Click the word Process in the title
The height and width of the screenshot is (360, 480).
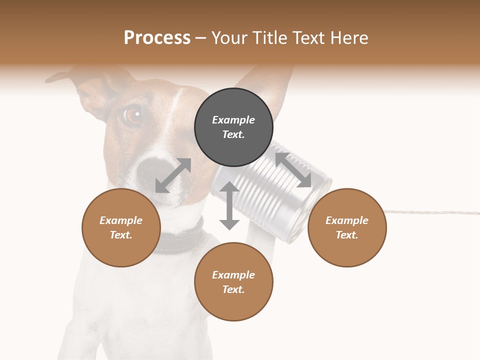pos(157,38)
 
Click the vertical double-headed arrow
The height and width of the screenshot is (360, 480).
pos(229,205)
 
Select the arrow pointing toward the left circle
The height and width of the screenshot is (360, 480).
pos(173,175)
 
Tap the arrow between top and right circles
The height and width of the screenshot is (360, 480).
pos(293,170)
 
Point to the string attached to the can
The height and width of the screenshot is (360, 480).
pos(430,212)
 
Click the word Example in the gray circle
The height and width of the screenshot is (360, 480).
pos(233,120)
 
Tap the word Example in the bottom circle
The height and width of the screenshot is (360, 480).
pos(233,275)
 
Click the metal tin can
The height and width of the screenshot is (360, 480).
pos(280,190)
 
